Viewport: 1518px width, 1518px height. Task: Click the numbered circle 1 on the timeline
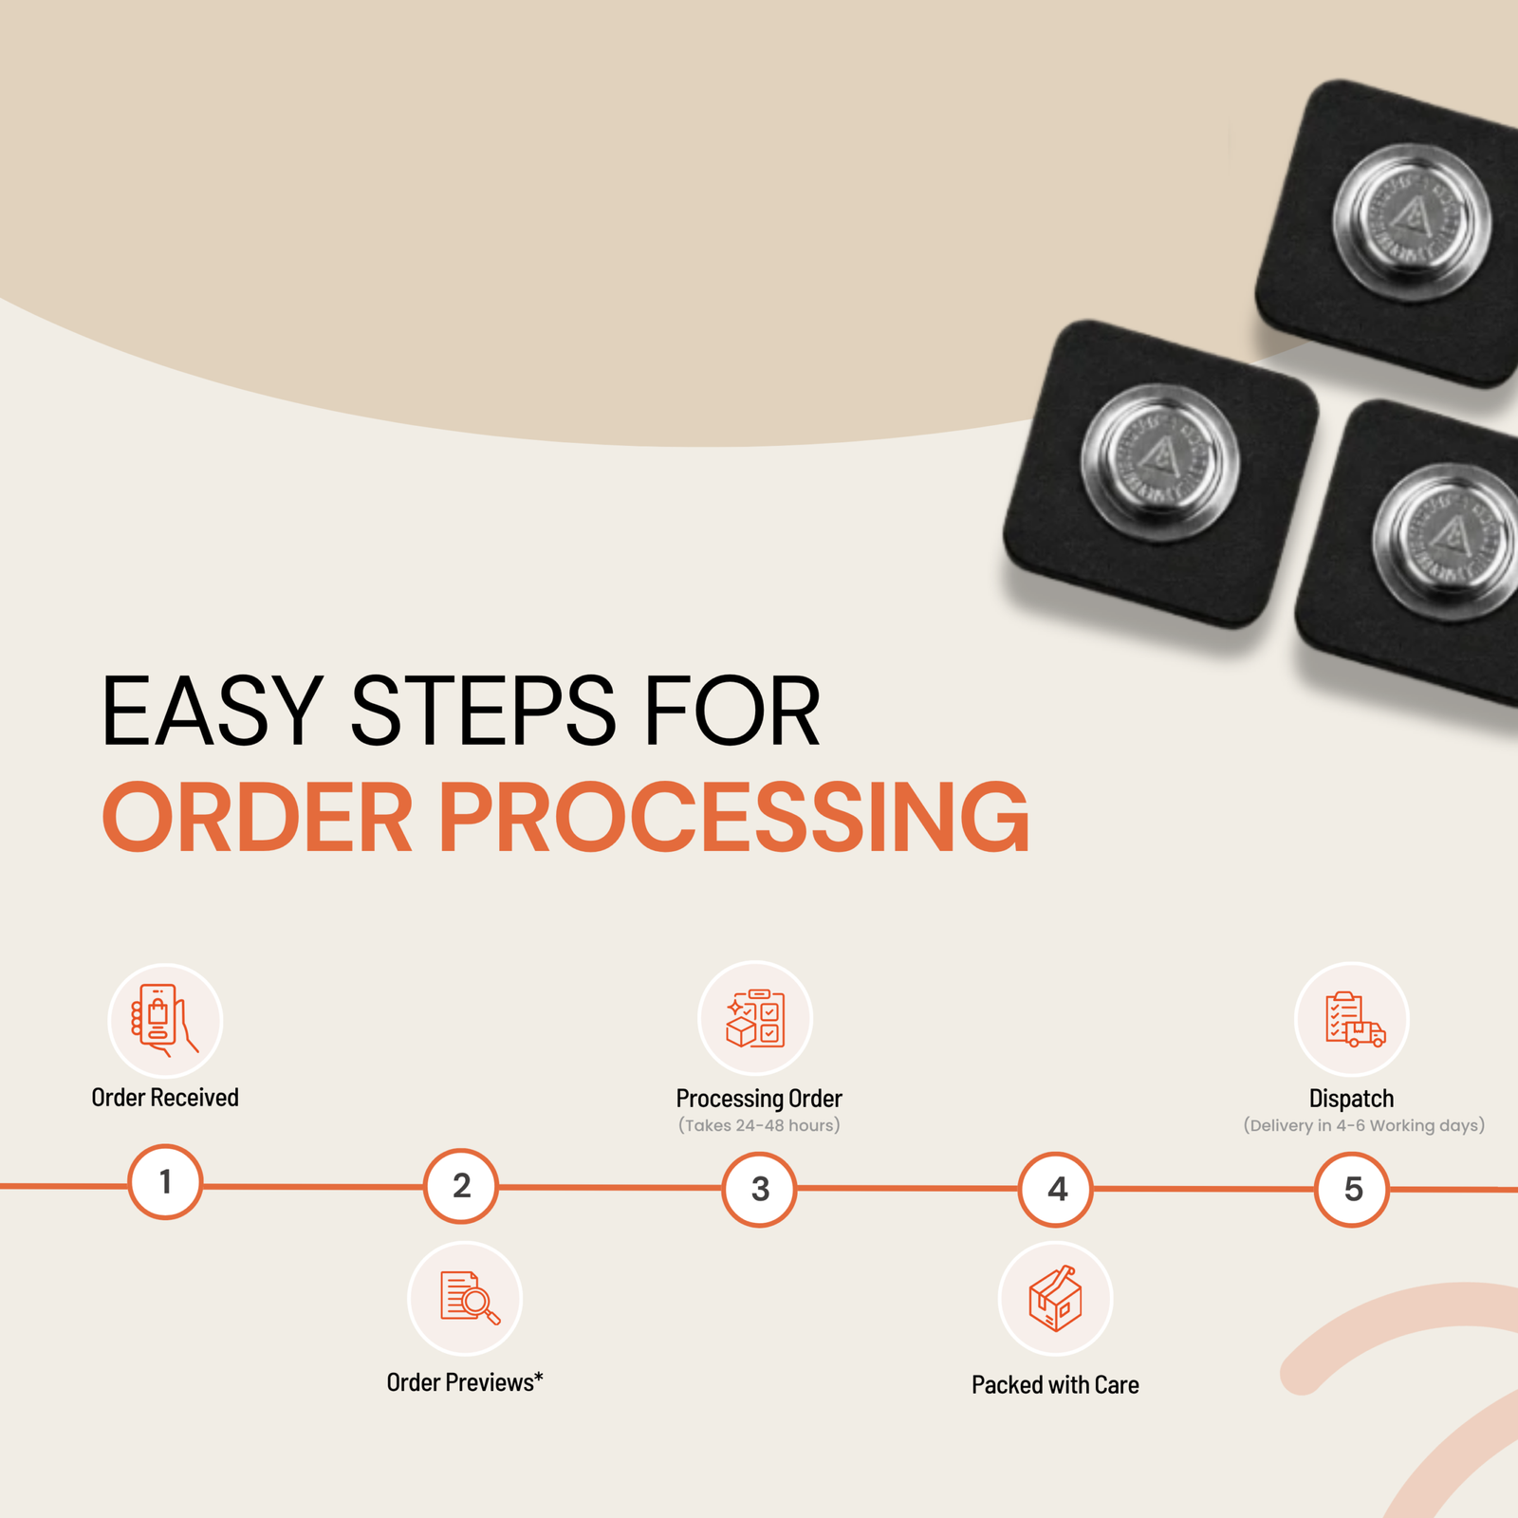[x=165, y=1182]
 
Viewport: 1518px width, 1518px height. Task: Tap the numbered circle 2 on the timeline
[x=461, y=1186]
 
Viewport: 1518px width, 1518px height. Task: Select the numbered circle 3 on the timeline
[x=759, y=1189]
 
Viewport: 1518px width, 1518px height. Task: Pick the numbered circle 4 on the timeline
[x=1056, y=1189]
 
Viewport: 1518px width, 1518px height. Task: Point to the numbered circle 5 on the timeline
[x=1352, y=1189]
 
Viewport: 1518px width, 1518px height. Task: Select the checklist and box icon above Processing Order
[x=755, y=1018]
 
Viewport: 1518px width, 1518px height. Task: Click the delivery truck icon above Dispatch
[x=1355, y=1020]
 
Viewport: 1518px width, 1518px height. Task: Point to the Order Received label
[x=165, y=1098]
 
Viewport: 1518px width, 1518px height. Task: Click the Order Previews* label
[x=465, y=1382]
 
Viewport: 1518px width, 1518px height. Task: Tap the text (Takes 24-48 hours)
[x=759, y=1126]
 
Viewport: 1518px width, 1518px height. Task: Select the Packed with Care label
[x=1055, y=1385]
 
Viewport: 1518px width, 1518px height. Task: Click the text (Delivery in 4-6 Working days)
[x=1364, y=1126]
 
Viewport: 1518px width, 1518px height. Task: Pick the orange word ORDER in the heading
[x=257, y=817]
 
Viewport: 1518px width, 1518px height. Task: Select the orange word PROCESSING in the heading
[x=733, y=817]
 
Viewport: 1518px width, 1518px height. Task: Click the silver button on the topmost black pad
[x=1412, y=223]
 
